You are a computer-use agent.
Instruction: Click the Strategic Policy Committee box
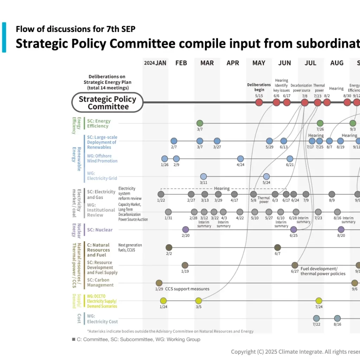[107, 102]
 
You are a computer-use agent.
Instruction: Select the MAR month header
[207, 63]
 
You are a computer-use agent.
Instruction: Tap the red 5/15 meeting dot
[259, 102]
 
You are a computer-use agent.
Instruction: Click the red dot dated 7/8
[304, 102]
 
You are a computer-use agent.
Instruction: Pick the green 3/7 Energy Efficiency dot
[200, 123]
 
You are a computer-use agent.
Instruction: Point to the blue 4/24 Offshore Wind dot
[240, 159]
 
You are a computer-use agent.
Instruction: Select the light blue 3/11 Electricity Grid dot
[203, 176]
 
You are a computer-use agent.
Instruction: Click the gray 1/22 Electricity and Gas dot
[161, 194]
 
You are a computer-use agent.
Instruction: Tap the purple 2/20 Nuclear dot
[186, 230]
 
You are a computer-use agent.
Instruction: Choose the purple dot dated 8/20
[341, 230]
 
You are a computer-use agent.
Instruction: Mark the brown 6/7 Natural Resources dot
[277, 247]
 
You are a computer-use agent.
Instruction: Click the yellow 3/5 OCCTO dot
[199, 301]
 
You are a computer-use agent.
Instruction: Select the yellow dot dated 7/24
[319, 301]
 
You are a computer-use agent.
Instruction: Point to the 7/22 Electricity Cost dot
[316, 318]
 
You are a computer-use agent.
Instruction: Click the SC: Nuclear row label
[100, 230]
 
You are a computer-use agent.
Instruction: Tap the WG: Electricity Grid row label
[102, 176]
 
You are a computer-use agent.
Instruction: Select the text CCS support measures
[187, 289]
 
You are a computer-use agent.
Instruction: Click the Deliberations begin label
[259, 87]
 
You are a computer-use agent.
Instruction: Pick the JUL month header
[310, 63]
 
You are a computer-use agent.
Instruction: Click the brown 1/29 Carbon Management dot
[159, 283]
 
